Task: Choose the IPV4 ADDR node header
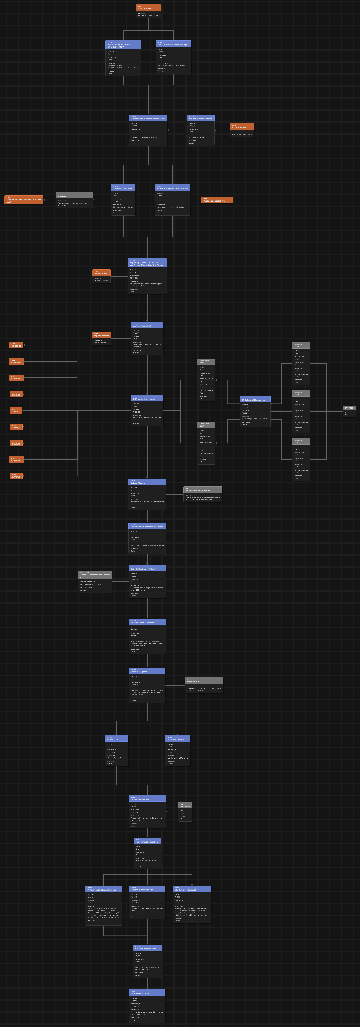pyautogui.click(x=349, y=408)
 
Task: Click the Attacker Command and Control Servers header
pyautogui.click(x=95, y=575)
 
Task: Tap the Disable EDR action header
pyautogui.click(x=116, y=739)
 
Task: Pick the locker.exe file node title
pyautogui.click(x=185, y=805)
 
